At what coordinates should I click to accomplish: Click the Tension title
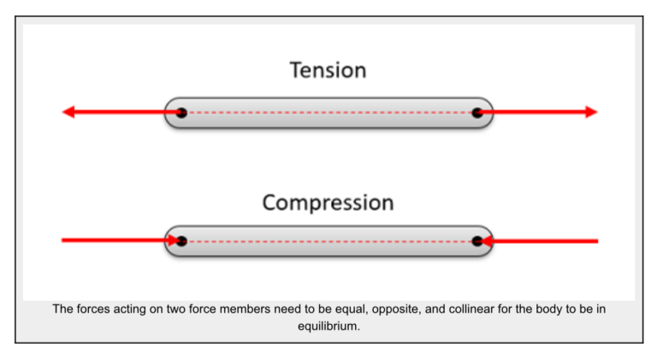pos(328,70)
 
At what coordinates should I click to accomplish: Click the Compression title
pos(328,203)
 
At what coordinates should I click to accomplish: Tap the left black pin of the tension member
pos(181,112)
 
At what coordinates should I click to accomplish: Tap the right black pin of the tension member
pos(477,112)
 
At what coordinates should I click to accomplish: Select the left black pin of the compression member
pos(181,241)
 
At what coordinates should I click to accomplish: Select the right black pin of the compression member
pos(477,241)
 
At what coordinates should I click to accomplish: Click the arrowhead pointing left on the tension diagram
pos(68,112)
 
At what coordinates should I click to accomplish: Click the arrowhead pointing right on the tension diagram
pos(590,112)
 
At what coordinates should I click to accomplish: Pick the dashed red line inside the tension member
pos(329,112)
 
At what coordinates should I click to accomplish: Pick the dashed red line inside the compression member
pos(329,241)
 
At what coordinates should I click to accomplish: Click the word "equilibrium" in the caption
pos(329,325)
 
